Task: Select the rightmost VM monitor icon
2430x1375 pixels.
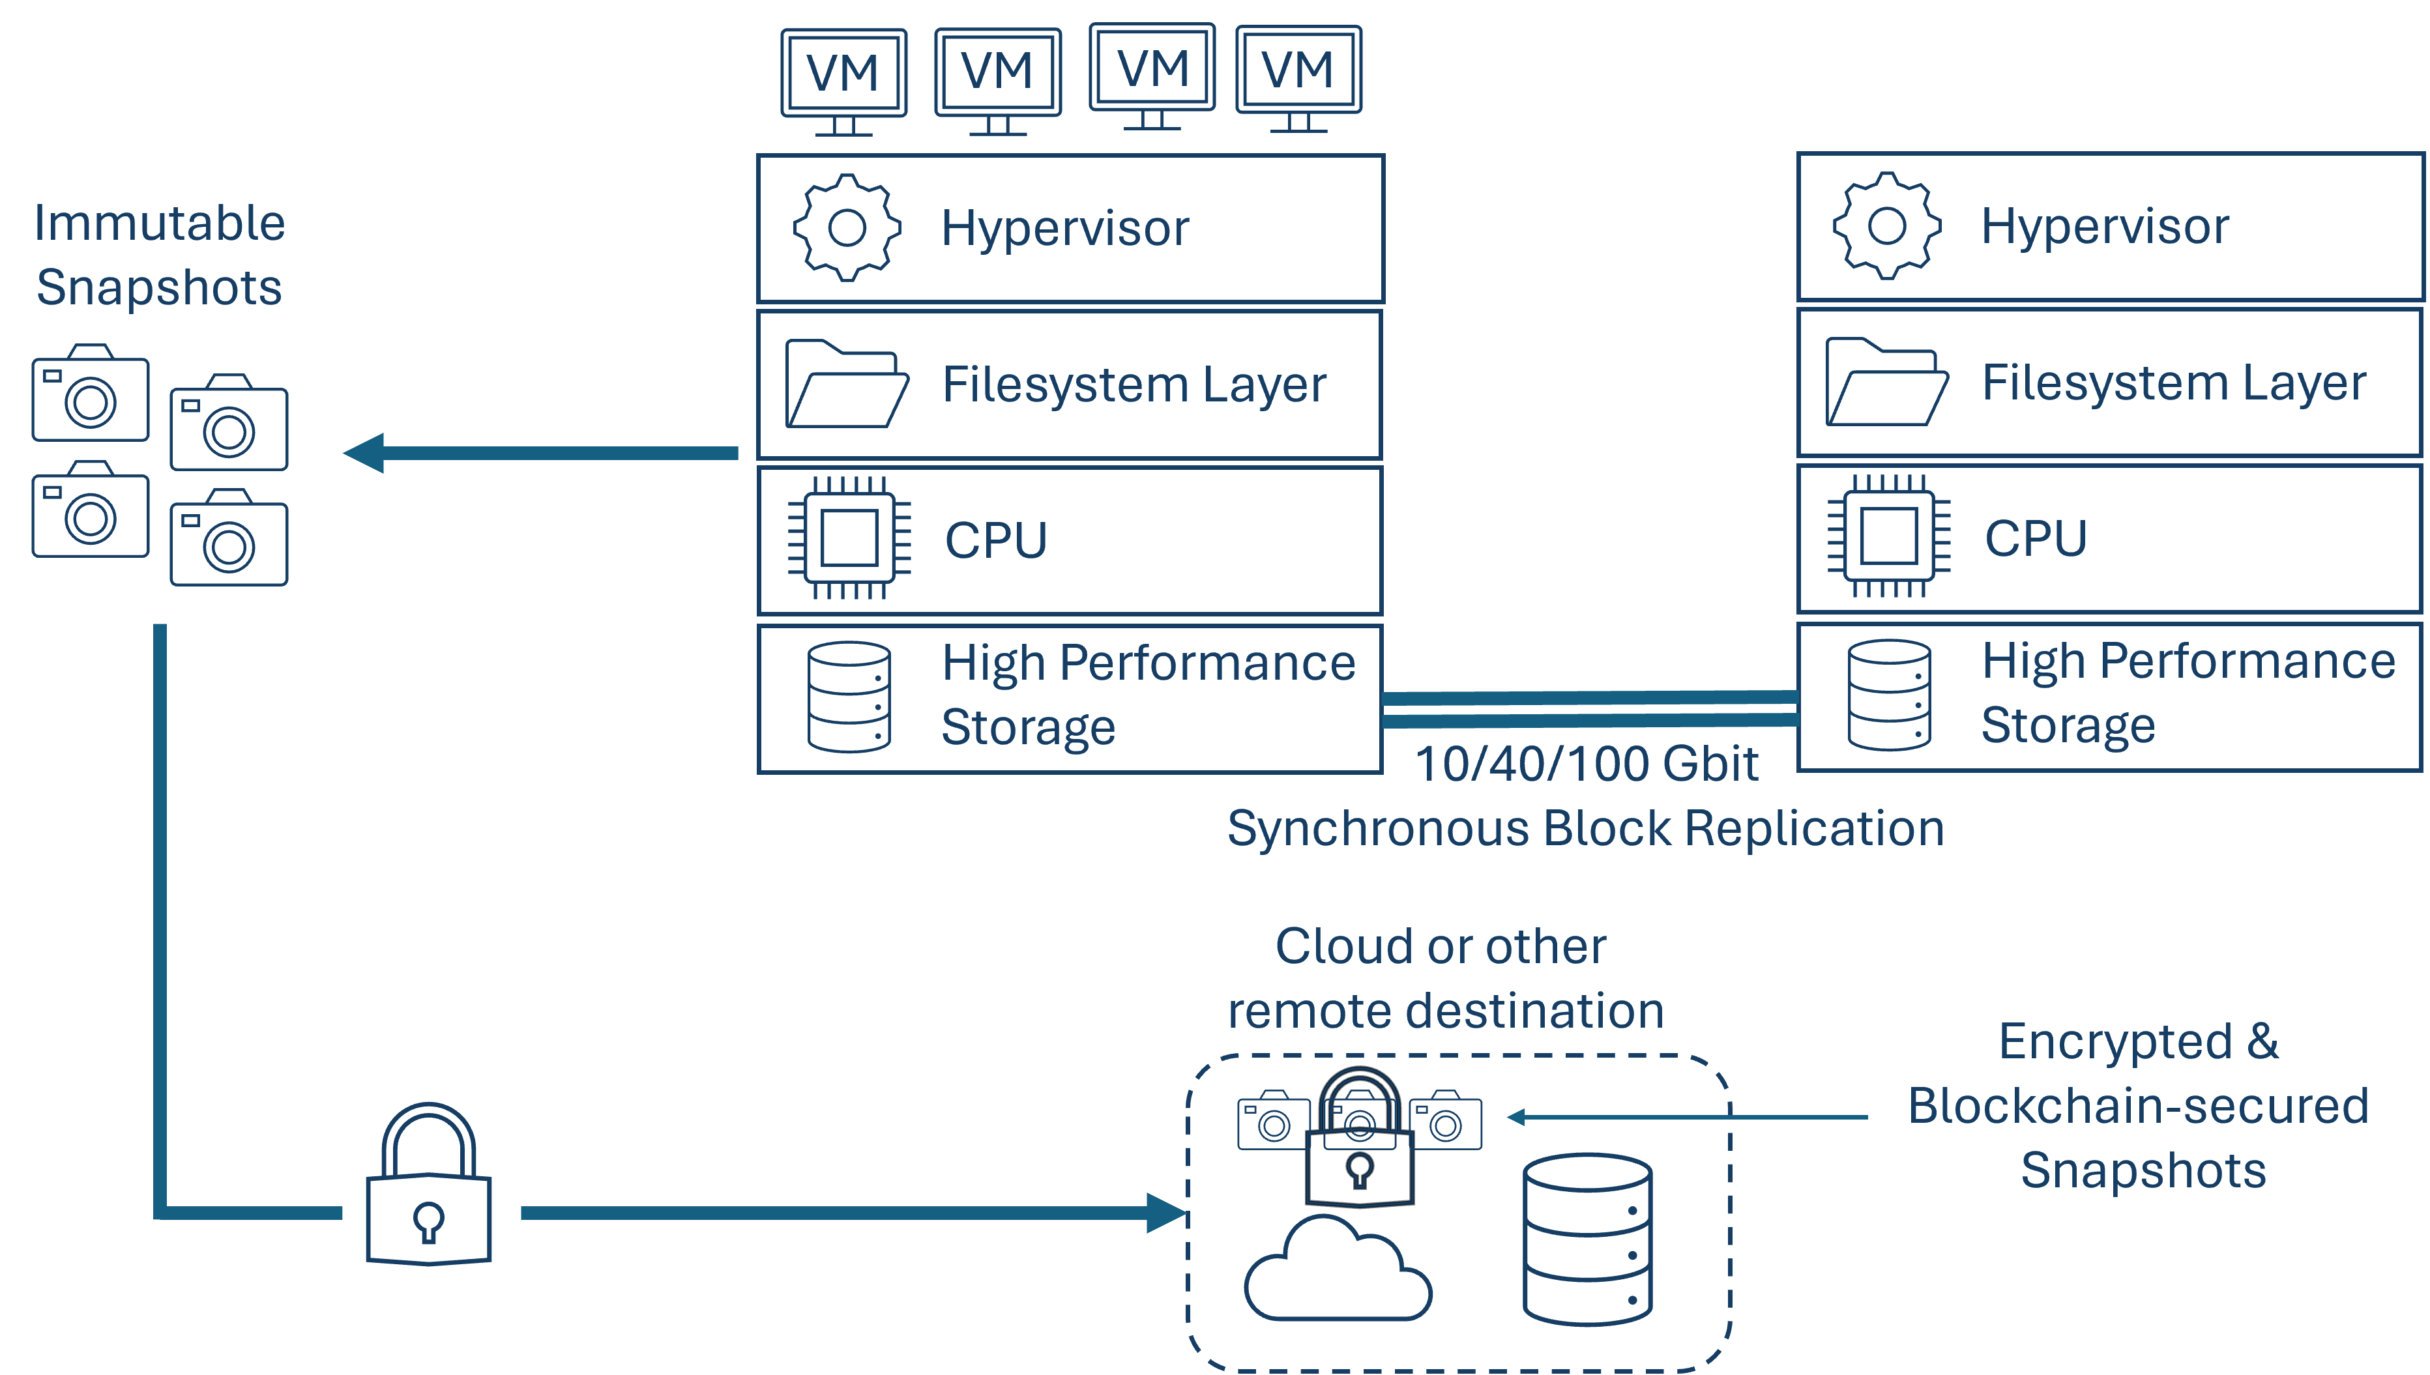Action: point(1298,78)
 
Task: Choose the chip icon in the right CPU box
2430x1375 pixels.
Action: point(1888,536)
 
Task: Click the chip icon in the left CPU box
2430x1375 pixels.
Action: point(849,538)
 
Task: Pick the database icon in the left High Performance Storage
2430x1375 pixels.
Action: point(849,697)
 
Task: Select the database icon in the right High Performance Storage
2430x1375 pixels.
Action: point(1889,695)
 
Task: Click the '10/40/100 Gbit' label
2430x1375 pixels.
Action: point(1587,763)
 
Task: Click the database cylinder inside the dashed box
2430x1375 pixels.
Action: point(1588,1238)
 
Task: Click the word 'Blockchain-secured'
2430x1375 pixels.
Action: point(2138,1106)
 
